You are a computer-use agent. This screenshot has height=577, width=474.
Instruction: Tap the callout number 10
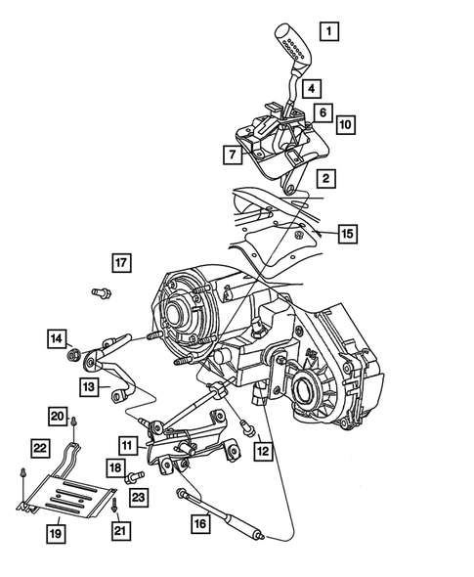[345, 124]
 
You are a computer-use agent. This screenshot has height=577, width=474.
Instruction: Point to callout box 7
[232, 154]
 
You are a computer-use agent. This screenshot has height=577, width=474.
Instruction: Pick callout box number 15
[346, 233]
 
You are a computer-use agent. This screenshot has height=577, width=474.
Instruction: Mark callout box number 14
[56, 338]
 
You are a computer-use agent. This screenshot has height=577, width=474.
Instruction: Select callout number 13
[89, 388]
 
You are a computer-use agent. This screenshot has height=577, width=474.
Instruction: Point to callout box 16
[199, 524]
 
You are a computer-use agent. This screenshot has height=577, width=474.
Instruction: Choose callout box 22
[39, 447]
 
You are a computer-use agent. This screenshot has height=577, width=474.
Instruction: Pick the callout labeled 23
[139, 497]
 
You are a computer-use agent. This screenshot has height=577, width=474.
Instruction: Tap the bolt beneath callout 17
[98, 291]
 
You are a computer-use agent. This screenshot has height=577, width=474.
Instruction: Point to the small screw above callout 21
[115, 508]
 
